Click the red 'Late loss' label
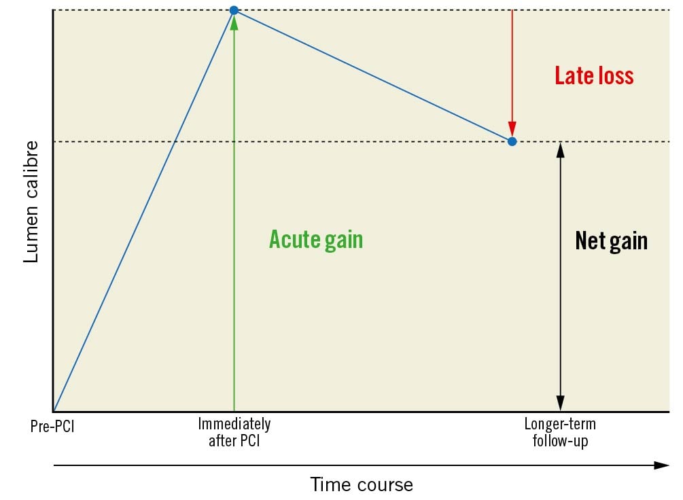point(594,75)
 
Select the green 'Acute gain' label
point(316,239)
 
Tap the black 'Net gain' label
point(611,240)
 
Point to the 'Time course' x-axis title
point(362,484)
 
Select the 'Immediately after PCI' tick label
point(234,432)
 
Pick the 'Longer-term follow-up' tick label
point(560,432)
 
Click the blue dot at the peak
point(234,10)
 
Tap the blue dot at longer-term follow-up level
point(512,141)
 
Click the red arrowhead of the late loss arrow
point(512,129)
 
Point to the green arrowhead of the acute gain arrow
point(234,22)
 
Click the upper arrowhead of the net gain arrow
point(560,149)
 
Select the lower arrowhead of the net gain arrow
point(560,404)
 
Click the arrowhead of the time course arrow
point(663,465)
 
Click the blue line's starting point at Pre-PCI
point(53,411)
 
